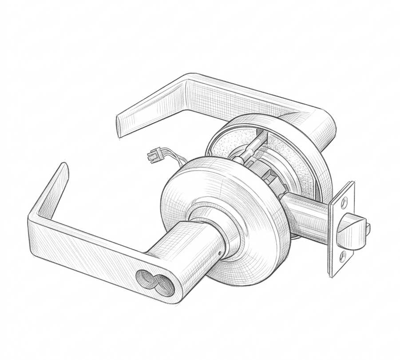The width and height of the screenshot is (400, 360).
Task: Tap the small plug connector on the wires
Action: pyautogui.click(x=152, y=156)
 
